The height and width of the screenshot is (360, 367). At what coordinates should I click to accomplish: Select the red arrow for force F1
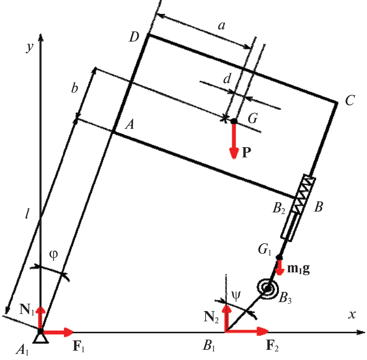pyautogui.click(x=57, y=332)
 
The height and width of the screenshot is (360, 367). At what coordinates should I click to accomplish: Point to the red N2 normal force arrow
pyautogui.click(x=226, y=318)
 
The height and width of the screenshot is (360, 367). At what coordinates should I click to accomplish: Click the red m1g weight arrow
pyautogui.click(x=279, y=267)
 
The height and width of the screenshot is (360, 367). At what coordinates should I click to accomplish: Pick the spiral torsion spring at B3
pyautogui.click(x=268, y=288)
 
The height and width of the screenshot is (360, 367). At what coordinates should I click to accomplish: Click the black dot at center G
pyautogui.click(x=234, y=121)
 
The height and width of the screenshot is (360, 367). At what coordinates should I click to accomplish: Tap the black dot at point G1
pyautogui.click(x=279, y=257)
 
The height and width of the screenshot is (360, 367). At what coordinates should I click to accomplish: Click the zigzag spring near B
pyautogui.click(x=304, y=194)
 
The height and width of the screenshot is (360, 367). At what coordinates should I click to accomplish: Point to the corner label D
pyautogui.click(x=134, y=37)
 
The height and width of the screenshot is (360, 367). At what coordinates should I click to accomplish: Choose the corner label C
pyautogui.click(x=350, y=100)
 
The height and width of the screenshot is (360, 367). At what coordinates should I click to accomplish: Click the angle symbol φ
pyautogui.click(x=53, y=255)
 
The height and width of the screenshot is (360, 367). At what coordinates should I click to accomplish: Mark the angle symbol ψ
pyautogui.click(x=236, y=296)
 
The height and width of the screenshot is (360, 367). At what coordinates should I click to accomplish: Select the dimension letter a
pyautogui.click(x=221, y=25)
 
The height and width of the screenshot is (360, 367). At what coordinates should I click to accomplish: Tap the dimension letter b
pyautogui.click(x=75, y=88)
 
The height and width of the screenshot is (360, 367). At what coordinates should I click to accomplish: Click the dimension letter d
pyautogui.click(x=227, y=79)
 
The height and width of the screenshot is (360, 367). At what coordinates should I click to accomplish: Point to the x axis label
pyautogui.click(x=352, y=314)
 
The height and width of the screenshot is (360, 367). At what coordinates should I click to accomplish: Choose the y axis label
pyautogui.click(x=30, y=47)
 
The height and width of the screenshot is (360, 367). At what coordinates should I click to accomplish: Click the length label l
pyautogui.click(x=27, y=214)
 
